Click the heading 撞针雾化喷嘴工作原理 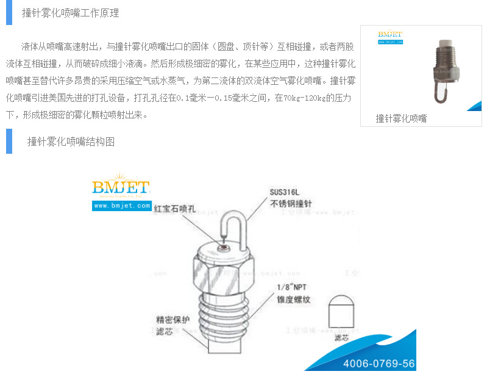pyautogui.click(x=70, y=13)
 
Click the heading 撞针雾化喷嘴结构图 pyautogui.click(x=71, y=142)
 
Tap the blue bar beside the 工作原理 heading pyautogui.click(x=9, y=13)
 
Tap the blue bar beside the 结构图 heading pyautogui.click(x=9, y=142)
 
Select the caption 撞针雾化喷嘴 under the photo pyautogui.click(x=401, y=118)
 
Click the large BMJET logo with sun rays pyautogui.click(x=121, y=187)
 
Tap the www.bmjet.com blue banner pyautogui.click(x=122, y=206)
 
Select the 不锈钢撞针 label pyautogui.click(x=289, y=204)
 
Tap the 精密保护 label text pyautogui.click(x=172, y=319)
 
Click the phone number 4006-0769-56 pyautogui.click(x=379, y=364)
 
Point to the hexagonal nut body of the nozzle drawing pyautogui.click(x=222, y=268)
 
